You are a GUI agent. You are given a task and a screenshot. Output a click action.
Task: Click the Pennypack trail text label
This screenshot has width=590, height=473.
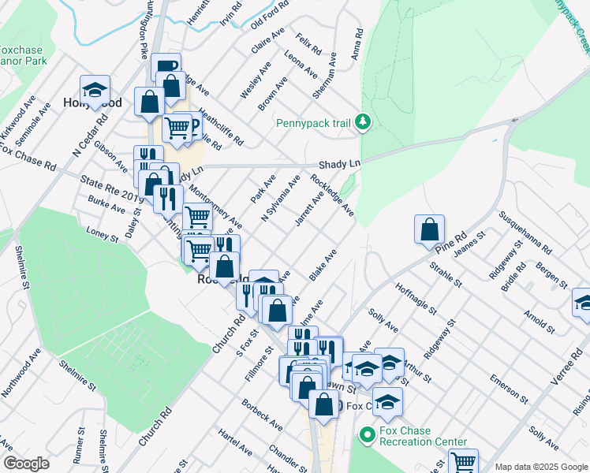(x=313, y=123)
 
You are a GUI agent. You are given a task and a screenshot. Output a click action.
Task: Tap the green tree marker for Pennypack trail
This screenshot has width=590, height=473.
(x=362, y=122)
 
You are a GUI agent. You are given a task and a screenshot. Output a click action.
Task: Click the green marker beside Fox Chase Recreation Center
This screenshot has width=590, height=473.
(x=366, y=434)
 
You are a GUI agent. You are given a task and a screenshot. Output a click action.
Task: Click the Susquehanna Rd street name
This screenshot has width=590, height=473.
(x=524, y=232)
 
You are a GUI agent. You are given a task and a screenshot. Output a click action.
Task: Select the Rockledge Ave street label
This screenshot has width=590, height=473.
(x=332, y=197)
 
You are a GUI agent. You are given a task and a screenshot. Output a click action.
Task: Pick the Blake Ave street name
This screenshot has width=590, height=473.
(x=323, y=265)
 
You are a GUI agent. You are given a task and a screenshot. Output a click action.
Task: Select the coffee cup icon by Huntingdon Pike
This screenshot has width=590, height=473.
(x=166, y=67)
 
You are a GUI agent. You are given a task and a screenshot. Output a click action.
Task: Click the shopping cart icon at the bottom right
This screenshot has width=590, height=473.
(x=463, y=461)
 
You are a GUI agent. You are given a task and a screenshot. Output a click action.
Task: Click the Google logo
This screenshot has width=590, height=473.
(x=26, y=464)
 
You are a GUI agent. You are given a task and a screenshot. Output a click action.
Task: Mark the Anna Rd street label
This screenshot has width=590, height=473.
(x=357, y=45)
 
